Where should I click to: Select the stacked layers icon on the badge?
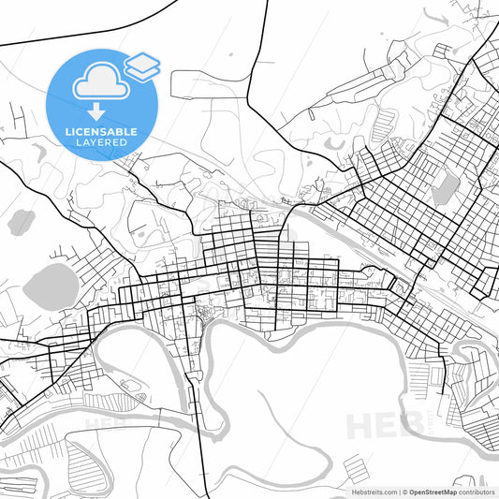142,66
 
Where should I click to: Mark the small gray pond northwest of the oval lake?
20,222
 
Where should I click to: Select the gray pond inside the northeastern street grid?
445,185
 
